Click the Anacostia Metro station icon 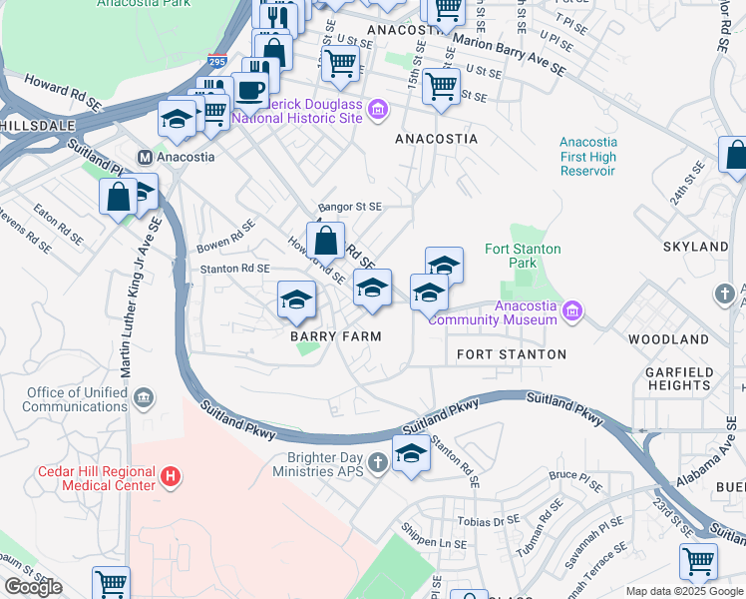(x=145, y=157)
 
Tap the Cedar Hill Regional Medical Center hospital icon (x=171, y=478)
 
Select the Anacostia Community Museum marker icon (x=571, y=311)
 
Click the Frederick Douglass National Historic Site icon (x=377, y=109)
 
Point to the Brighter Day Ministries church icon (x=377, y=462)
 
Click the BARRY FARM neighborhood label (x=336, y=336)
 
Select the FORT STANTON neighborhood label (x=512, y=354)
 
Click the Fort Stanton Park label (x=523, y=256)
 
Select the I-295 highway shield (x=217, y=62)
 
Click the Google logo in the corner (x=33, y=587)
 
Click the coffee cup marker (x=249, y=91)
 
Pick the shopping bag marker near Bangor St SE (x=325, y=241)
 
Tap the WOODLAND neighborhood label (x=668, y=339)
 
